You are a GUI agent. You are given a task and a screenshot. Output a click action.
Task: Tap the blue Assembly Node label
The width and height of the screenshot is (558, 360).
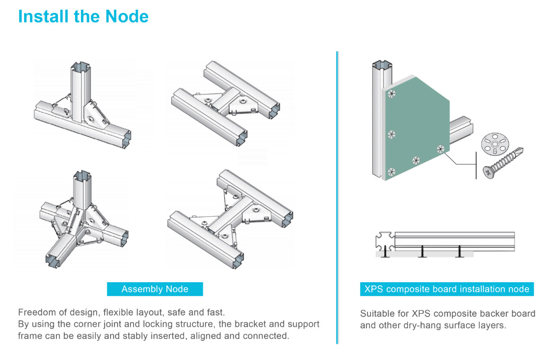(x=155, y=289)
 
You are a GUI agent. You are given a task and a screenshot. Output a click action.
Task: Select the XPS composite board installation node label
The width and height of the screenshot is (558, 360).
(x=446, y=289)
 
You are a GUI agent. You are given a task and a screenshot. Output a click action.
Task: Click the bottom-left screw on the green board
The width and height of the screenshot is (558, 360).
(x=392, y=171)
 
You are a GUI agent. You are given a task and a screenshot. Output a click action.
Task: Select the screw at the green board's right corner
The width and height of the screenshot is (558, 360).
(x=440, y=149)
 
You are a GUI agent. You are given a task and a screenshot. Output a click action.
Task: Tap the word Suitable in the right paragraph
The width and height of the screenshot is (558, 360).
(x=377, y=314)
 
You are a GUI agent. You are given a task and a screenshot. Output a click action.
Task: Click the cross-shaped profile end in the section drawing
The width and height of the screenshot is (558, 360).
(x=384, y=241)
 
